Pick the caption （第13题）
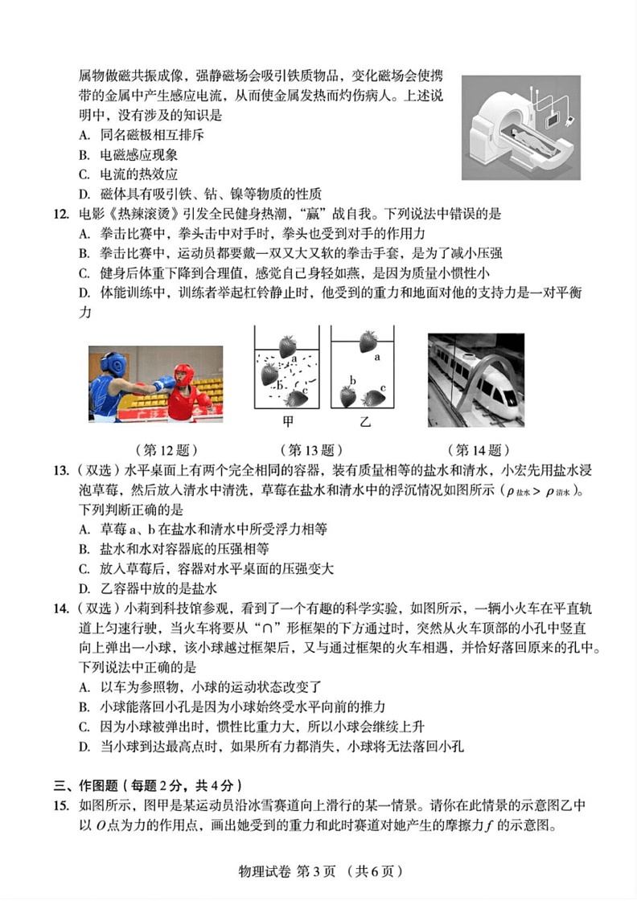click(310, 450)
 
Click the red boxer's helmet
click(184, 375)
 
